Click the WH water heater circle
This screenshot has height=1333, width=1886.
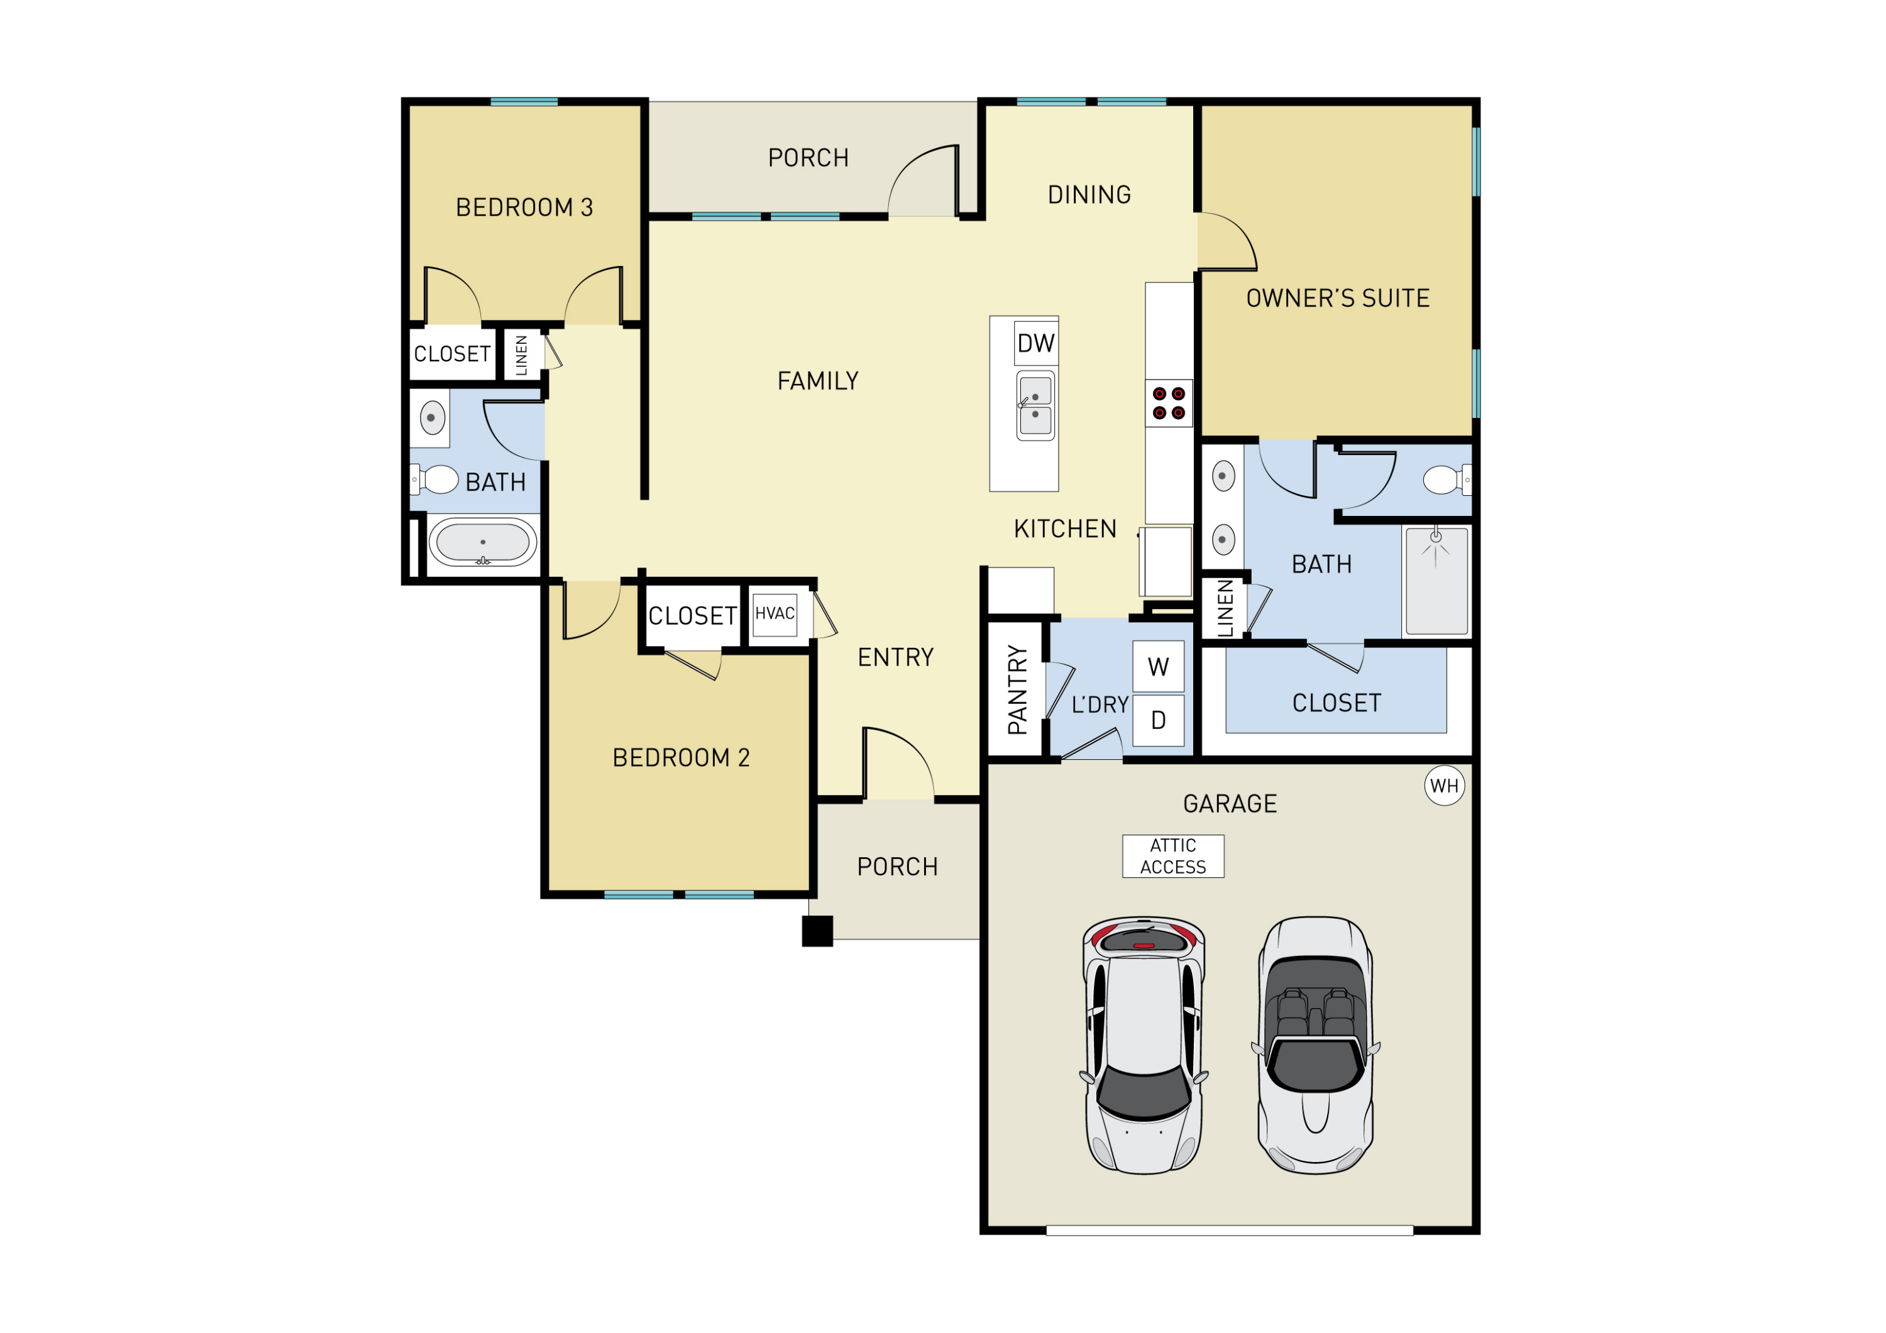(x=1444, y=786)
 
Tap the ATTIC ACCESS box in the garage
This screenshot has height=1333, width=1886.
(x=1173, y=856)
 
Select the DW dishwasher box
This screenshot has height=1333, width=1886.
(x=1036, y=343)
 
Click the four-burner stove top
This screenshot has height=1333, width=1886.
(x=1168, y=403)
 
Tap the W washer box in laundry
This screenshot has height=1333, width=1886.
(x=1158, y=667)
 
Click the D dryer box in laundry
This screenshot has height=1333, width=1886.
(x=1158, y=720)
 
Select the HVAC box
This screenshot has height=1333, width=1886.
(x=775, y=615)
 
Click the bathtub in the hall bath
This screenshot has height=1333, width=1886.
(x=482, y=543)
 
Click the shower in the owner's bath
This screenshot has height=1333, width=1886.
(x=1436, y=581)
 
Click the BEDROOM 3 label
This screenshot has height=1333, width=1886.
(x=524, y=208)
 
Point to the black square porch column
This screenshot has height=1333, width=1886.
(x=817, y=931)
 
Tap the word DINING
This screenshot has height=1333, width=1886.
(x=1089, y=195)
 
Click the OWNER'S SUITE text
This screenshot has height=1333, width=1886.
(x=1337, y=298)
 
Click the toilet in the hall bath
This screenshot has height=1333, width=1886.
(x=437, y=479)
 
